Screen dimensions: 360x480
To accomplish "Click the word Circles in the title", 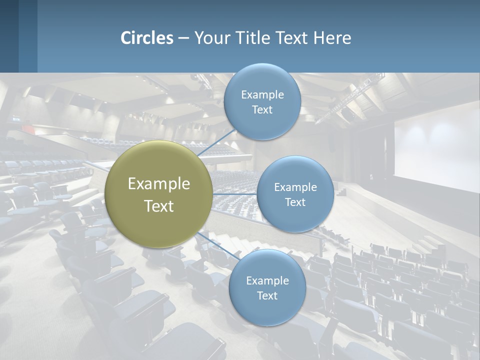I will pos(147,38).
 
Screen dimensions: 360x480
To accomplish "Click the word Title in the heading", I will pos(252,38).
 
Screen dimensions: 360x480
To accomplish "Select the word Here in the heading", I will pos(332,38).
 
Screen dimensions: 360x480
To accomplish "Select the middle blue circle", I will pos(295,215).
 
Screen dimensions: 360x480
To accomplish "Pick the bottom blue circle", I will pos(267,310).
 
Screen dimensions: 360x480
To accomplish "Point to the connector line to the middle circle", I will pos(234,194).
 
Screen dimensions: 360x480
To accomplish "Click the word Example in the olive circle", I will pos(159,183).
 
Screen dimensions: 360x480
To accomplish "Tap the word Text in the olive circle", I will pos(159,206).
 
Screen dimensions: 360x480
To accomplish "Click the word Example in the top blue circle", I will pos(262,94).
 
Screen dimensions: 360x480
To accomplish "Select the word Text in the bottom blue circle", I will pos(267,295).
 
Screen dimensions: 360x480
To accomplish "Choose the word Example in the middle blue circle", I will pos(295,187).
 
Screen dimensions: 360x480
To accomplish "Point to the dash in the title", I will pos(183,38).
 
